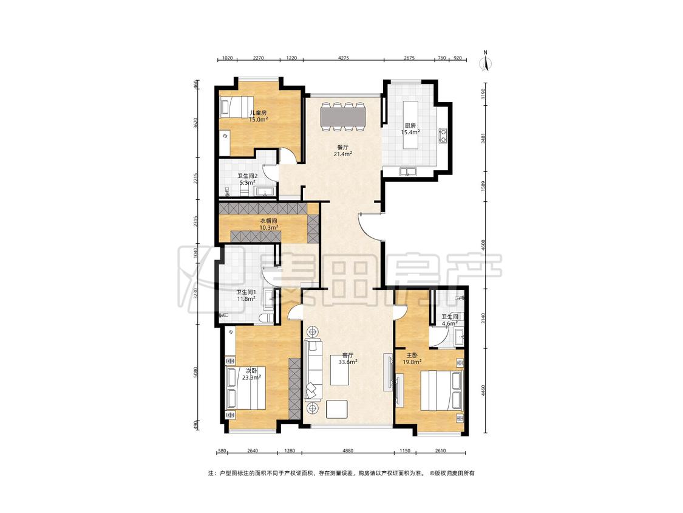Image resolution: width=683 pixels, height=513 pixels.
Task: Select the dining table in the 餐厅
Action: point(343,117)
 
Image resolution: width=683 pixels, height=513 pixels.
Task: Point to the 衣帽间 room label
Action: point(268,221)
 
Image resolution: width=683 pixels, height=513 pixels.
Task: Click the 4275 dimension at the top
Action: point(344,58)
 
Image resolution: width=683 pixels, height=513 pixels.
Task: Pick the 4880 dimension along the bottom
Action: point(348,451)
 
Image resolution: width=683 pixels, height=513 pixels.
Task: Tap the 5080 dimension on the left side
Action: point(197,374)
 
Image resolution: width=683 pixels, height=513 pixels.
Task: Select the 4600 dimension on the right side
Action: point(483,246)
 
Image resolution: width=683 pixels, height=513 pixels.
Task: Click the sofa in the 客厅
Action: point(313,370)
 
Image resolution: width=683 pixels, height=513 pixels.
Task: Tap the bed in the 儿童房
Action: point(236,108)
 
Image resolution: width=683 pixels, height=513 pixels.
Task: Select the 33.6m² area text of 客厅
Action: point(348,362)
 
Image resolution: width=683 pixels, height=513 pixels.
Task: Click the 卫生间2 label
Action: point(248,176)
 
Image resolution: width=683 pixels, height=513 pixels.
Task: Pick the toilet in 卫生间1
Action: point(265,317)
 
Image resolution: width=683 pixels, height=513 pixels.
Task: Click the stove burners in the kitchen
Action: point(443,136)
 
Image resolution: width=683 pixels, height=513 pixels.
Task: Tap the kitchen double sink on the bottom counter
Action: point(408,171)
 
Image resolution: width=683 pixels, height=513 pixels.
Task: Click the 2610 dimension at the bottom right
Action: point(440,451)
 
